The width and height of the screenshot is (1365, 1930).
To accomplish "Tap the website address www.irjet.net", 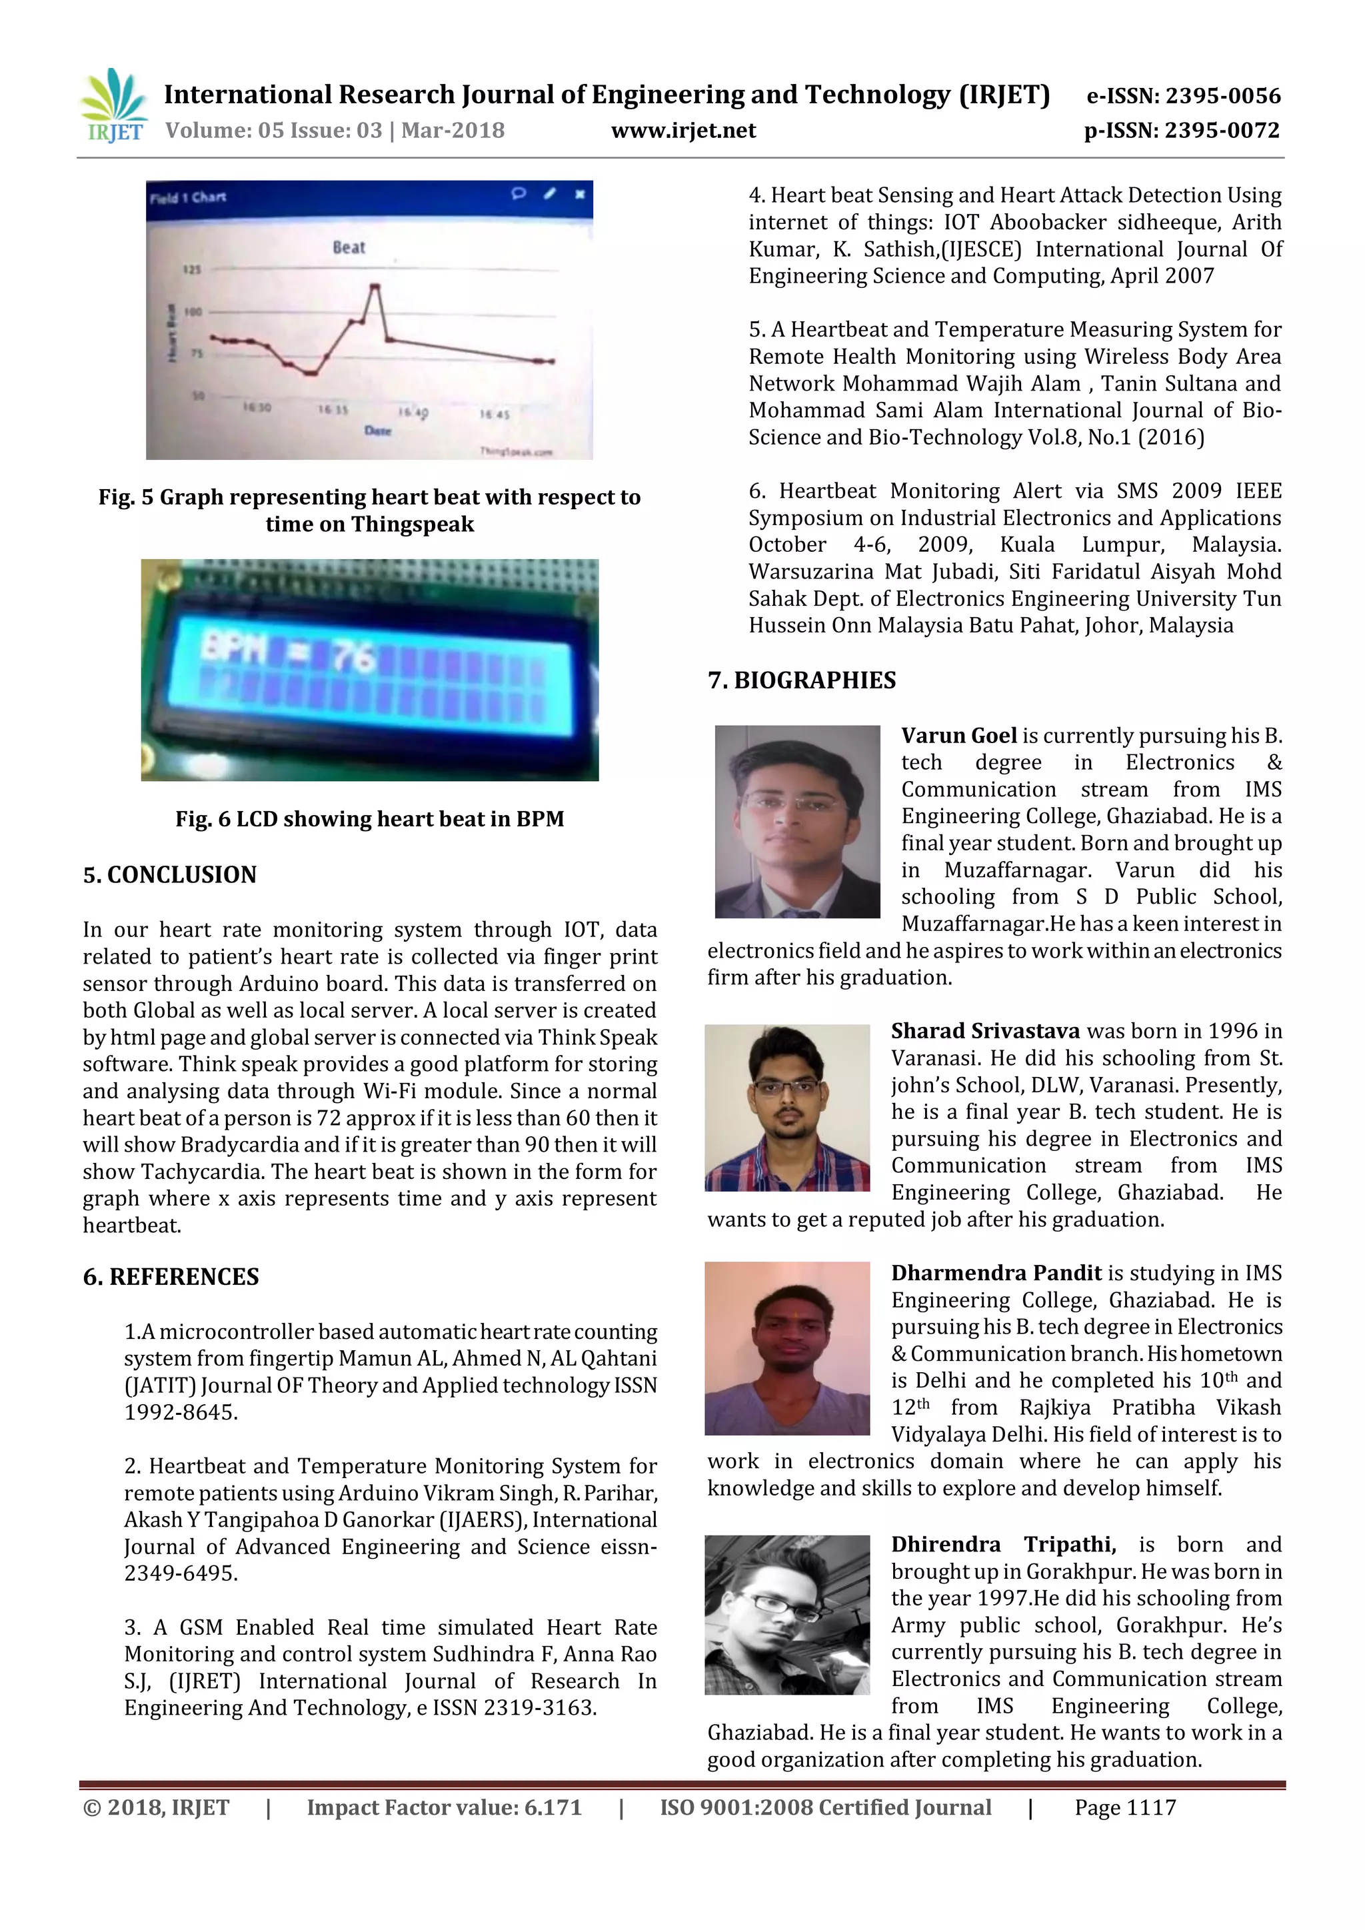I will pos(683,131).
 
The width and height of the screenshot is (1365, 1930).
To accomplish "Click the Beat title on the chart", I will pos(349,247).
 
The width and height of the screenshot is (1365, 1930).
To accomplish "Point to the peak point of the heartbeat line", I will pos(375,287).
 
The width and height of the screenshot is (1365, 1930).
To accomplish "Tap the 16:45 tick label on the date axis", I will pos(495,415).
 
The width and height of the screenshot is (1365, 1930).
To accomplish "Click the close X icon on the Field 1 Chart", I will pos(579,194).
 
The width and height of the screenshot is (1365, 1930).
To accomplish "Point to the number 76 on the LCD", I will pos(352,656).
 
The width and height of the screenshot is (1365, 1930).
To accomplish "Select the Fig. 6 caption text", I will pos(369,819).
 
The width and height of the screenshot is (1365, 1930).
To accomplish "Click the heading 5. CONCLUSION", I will pos(170,874).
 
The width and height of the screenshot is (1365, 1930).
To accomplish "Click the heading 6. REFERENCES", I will pos(171,1277).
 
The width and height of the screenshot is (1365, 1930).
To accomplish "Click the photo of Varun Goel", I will pos(797,821).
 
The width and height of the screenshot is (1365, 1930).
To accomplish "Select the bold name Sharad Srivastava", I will pos(985,1032).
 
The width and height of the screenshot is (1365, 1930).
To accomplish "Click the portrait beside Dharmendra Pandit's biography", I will pos(786,1348).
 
